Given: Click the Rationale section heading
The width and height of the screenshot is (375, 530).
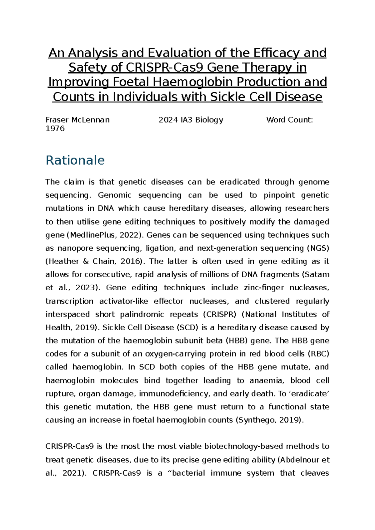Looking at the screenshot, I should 75,160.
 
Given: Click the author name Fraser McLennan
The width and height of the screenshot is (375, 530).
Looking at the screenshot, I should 77,120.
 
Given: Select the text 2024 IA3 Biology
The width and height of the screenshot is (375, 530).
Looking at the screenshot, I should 191,120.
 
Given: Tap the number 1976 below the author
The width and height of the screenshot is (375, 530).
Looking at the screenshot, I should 55,128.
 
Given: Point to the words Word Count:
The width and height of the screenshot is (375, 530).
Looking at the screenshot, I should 289,120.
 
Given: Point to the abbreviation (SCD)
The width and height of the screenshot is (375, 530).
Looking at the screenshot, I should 187,327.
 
